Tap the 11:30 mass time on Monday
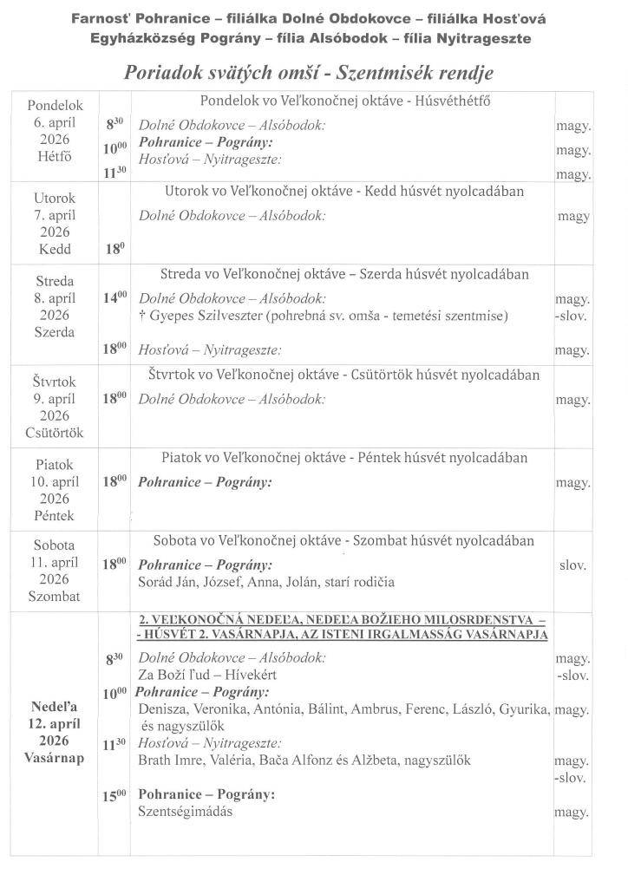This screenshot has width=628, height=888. (116, 173)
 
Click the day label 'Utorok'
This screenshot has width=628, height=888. (55, 198)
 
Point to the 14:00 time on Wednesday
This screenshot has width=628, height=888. (116, 298)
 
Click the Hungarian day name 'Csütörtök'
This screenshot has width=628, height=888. (55, 432)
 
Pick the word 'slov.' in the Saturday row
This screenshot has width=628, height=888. (572, 565)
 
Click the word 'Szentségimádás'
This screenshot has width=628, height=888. (186, 812)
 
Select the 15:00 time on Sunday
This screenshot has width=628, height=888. (116, 794)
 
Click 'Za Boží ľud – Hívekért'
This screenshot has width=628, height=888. (205, 675)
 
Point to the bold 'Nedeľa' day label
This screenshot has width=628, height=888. (54, 706)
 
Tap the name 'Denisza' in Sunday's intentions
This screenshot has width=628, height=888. (162, 709)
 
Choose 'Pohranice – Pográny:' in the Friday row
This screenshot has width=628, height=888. (205, 481)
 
